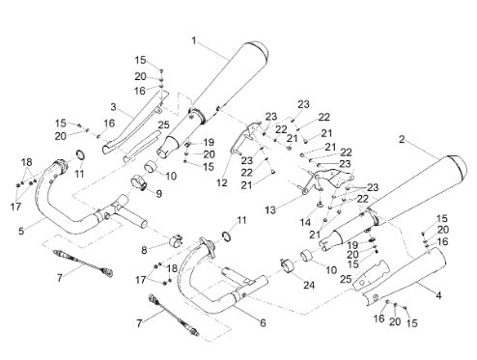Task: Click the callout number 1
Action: pyautogui.click(x=194, y=41)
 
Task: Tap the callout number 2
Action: pyautogui.click(x=402, y=140)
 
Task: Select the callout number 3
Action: pyautogui.click(x=113, y=107)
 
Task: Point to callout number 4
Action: pyautogui.click(x=438, y=295)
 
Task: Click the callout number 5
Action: pyautogui.click(x=21, y=231)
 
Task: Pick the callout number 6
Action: pyautogui.click(x=263, y=322)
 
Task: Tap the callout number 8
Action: pyautogui.click(x=144, y=250)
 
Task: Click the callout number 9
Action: pyautogui.click(x=159, y=194)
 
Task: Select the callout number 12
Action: pyautogui.click(x=222, y=182)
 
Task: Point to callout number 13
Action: pyautogui.click(x=270, y=210)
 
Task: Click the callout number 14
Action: pyautogui.click(x=305, y=222)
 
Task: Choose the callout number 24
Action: pyautogui.click(x=309, y=285)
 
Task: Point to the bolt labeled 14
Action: pyautogui.click(x=321, y=203)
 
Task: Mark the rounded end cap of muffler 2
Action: pyautogui.click(x=461, y=166)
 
